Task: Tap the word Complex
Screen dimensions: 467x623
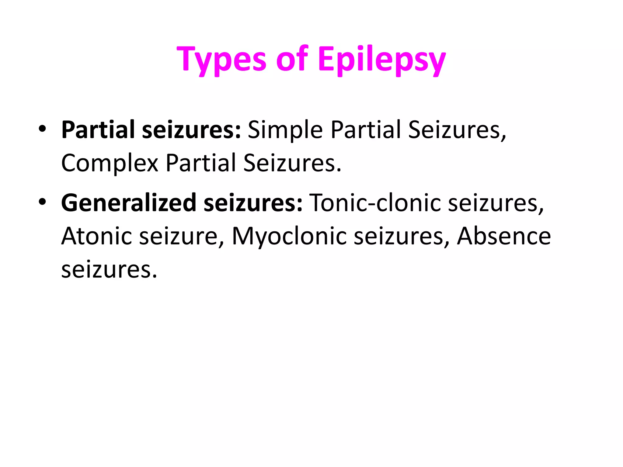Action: coord(110,164)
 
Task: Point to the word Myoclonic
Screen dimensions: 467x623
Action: coord(289,237)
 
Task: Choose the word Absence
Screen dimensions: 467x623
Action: coord(504,236)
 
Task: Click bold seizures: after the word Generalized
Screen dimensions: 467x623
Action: coord(253,203)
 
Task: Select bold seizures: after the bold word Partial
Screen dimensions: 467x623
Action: coord(192,130)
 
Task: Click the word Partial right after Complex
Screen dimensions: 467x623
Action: coord(201,163)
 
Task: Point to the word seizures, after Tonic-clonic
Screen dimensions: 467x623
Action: coord(496,203)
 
